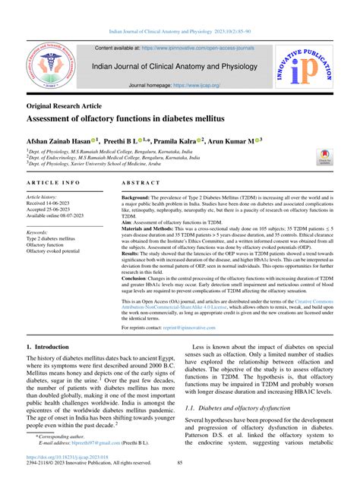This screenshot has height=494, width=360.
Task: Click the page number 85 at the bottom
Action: tap(180, 483)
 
